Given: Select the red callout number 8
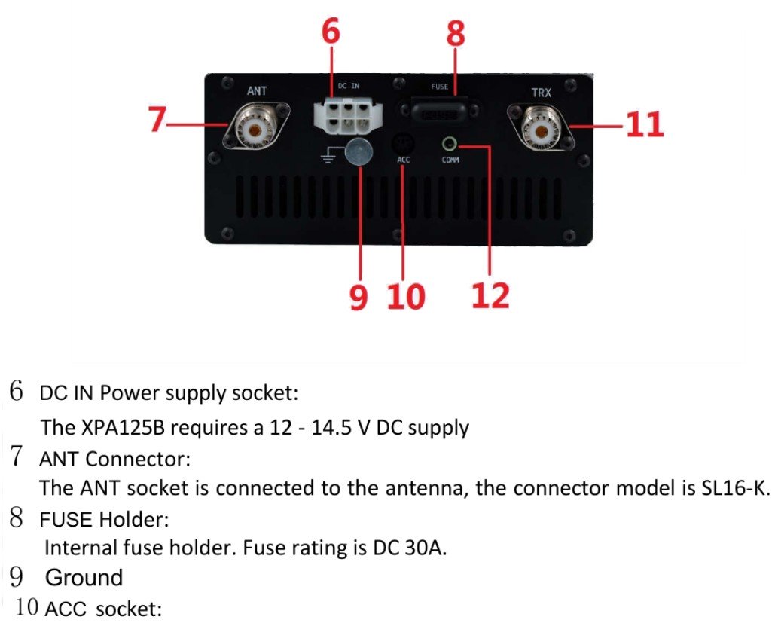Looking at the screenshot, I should coord(456,32).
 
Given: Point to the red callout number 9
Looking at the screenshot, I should coord(359,296).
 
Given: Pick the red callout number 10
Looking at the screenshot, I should coord(406,296).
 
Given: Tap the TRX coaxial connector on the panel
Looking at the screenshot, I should coord(542,126).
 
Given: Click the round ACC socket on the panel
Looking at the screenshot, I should coord(404,142).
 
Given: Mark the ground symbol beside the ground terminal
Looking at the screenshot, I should coord(326,156).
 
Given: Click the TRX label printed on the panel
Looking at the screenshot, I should coord(541,92).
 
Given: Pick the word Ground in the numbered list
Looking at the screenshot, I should coord(84,578).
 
